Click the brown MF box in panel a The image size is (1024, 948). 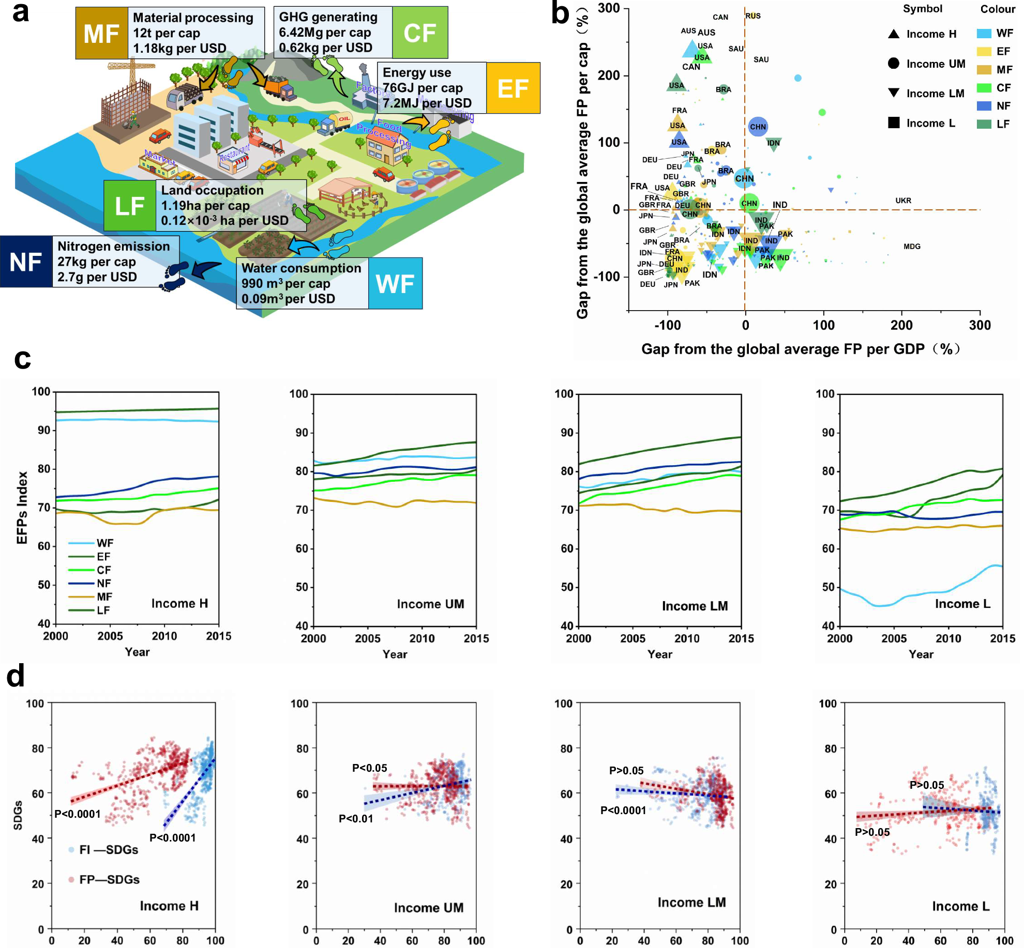pyautogui.click(x=101, y=34)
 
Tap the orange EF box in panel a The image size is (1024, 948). pyautogui.click(x=513, y=88)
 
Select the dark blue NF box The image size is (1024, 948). pyautogui.click(x=26, y=262)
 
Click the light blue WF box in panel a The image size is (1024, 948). pyautogui.click(x=395, y=283)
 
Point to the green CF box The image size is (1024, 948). pyautogui.click(x=419, y=33)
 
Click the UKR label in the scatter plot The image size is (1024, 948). pyautogui.click(x=903, y=201)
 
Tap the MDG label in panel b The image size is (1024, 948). pyautogui.click(x=912, y=247)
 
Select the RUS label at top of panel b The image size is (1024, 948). pyautogui.click(x=753, y=16)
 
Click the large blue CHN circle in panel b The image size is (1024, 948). pyautogui.click(x=758, y=127)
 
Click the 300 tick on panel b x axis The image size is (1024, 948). pyautogui.click(x=980, y=325)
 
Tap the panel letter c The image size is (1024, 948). pyautogui.click(x=22, y=358)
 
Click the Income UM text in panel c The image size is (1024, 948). pyautogui.click(x=430, y=604)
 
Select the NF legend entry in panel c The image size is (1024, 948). pyautogui.click(x=103, y=583)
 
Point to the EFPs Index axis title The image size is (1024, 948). pyautogui.click(x=22, y=508)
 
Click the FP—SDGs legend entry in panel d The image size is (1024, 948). pyautogui.click(x=109, y=879)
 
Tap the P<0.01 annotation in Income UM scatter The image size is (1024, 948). pyautogui.click(x=355, y=818)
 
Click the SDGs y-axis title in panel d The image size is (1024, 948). pyautogui.click(x=18, y=815)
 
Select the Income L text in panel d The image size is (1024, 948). pyautogui.click(x=960, y=906)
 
